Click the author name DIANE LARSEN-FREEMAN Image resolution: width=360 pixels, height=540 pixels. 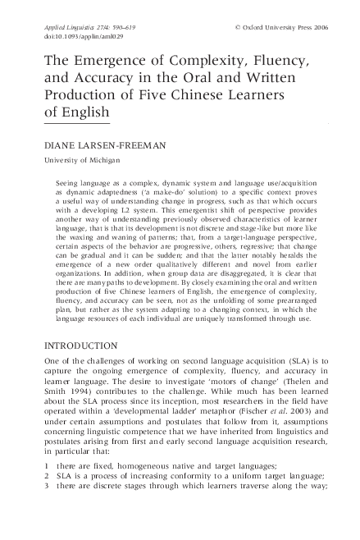click(x=105, y=145)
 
